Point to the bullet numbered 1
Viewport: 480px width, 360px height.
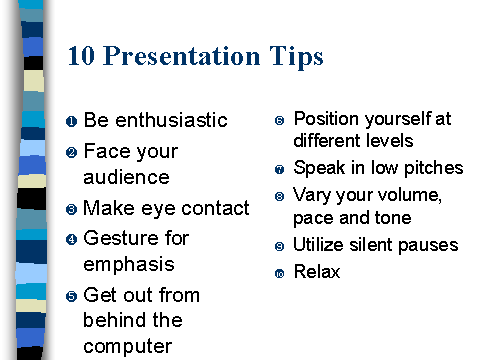click(71, 122)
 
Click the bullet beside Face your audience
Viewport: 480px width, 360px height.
click(71, 153)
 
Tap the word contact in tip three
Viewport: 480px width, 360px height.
click(215, 208)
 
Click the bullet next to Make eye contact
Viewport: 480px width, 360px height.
click(71, 210)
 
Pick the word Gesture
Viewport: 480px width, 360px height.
click(123, 238)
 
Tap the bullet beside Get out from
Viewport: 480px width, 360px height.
click(71, 297)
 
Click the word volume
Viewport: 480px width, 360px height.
click(405, 195)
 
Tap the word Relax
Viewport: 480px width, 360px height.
click(317, 272)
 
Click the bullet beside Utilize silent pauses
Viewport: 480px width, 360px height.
click(279, 246)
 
